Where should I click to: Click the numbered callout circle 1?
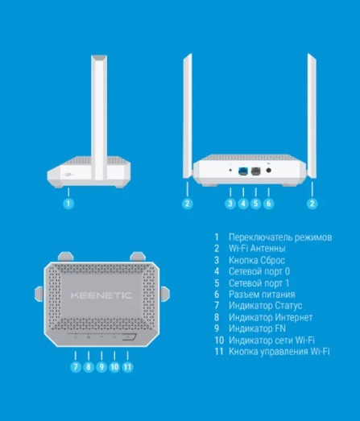click(68, 203)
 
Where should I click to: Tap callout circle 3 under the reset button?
click(230, 203)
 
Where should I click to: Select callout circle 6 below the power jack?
click(268, 203)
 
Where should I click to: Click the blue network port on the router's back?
click(243, 171)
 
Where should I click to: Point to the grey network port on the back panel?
click(256, 171)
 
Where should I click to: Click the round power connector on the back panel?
click(268, 170)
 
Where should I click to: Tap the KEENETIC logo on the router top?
click(101, 295)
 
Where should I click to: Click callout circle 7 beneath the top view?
click(76, 367)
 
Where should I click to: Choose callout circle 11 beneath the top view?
click(127, 367)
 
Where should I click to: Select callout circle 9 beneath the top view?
click(101, 367)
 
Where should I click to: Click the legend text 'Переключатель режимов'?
click(280, 237)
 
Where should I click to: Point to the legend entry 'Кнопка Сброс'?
click(257, 260)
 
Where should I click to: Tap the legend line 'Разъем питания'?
click(262, 295)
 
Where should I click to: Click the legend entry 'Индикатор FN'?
click(257, 328)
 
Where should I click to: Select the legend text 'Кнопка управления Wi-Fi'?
click(279, 352)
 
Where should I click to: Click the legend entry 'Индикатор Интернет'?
click(271, 317)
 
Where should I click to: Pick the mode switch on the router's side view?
click(68, 175)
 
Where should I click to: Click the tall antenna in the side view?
click(99, 118)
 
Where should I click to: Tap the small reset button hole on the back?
click(230, 170)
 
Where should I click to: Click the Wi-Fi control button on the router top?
click(129, 337)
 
